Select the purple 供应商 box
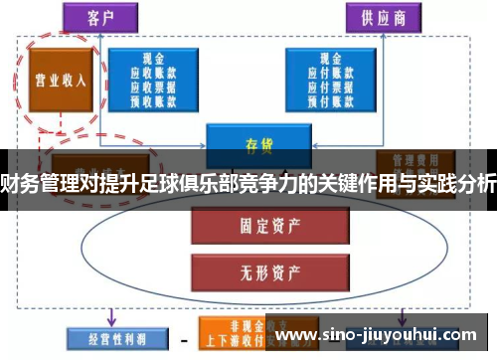click(x=377, y=17)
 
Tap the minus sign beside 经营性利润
click(x=183, y=339)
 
